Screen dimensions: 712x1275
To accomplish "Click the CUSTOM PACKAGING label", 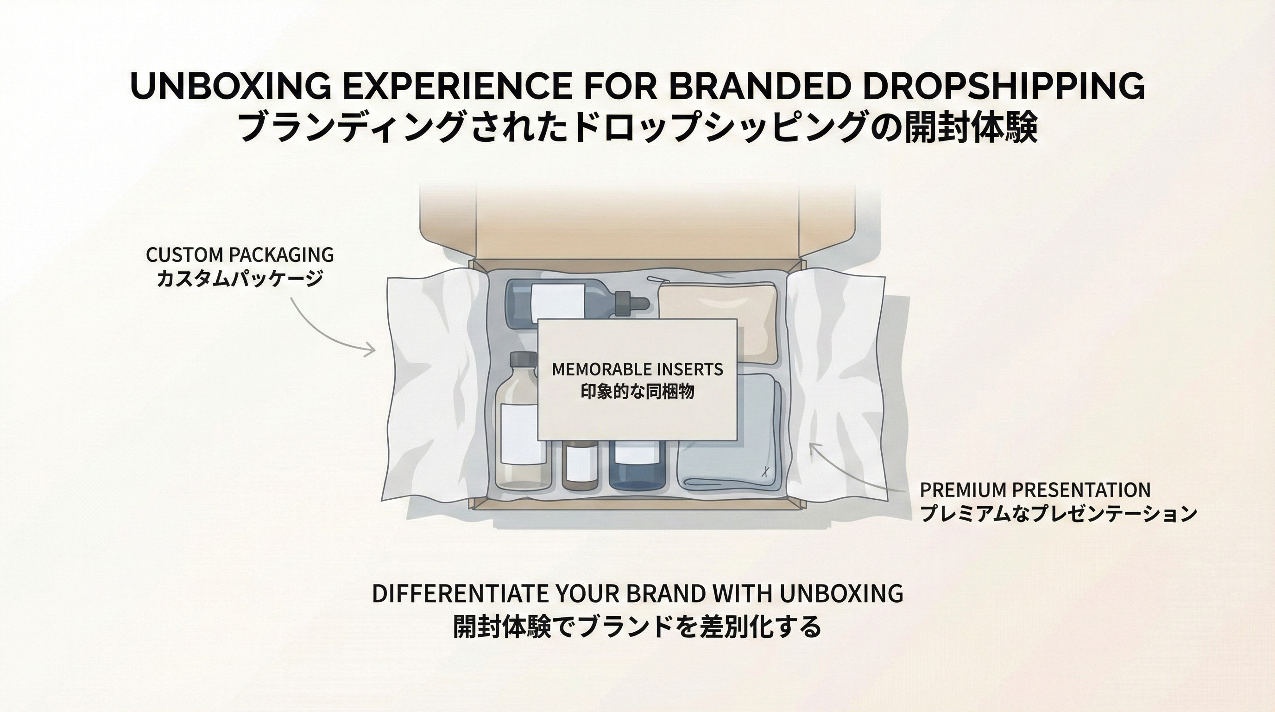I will (240, 255).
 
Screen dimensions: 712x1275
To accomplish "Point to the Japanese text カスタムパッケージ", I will (240, 278).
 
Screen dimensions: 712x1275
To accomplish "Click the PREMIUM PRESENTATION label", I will (1035, 490).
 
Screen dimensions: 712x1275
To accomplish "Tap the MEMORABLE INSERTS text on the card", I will (637, 369).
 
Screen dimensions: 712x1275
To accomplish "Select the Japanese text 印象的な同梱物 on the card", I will (637, 392).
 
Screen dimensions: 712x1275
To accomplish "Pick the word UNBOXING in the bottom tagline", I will (842, 594).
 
